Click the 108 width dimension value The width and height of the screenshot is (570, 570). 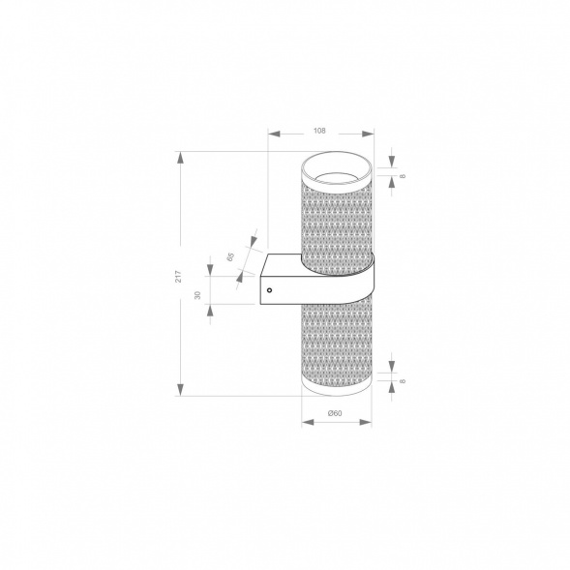point(320,130)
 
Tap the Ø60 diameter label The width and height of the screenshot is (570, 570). point(335,414)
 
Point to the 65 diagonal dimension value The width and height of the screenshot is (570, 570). point(231,256)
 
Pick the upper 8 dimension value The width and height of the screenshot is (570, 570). point(402,176)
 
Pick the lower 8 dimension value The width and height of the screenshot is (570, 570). point(402,380)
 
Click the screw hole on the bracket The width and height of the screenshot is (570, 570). point(270,287)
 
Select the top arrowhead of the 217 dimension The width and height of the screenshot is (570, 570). point(180,155)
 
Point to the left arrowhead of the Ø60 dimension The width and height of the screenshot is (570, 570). point(305,421)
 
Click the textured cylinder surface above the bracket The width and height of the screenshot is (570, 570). point(336,218)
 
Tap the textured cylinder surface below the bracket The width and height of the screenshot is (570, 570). point(336,344)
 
